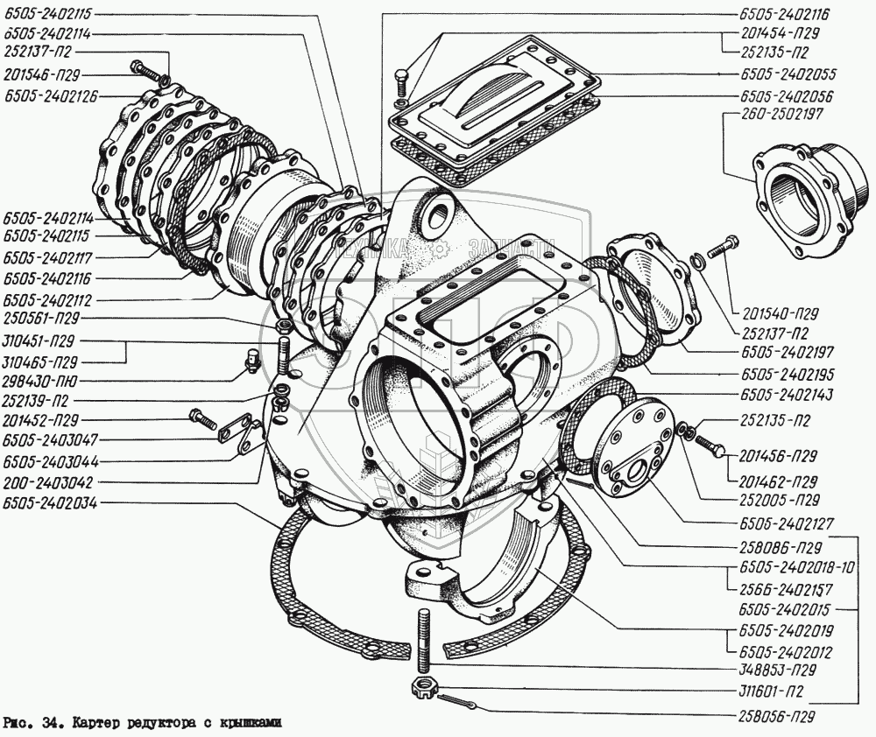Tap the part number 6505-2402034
click(x=51, y=502)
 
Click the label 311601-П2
click(x=768, y=691)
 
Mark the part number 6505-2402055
click(x=784, y=75)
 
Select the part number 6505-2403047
click(x=51, y=439)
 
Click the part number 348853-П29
click(x=772, y=670)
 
